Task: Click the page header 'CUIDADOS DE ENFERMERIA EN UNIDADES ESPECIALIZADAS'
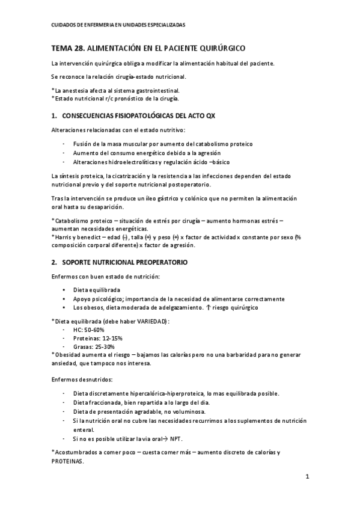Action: tap(118, 25)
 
